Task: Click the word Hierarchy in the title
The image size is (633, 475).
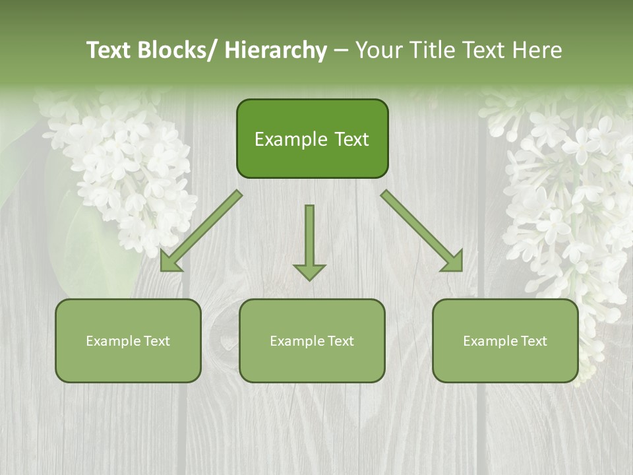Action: pos(275,50)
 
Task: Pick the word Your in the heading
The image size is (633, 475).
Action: pos(378,50)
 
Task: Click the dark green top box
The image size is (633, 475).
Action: pos(312,139)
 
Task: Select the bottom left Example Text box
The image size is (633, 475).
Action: pos(128,340)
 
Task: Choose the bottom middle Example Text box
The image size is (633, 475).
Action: pos(312,340)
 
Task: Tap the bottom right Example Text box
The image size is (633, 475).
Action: pos(505,340)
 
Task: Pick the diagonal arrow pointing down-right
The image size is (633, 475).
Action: pos(421,230)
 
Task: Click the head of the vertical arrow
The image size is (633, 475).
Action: pos(309,272)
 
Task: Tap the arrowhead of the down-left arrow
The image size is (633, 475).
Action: pos(169,263)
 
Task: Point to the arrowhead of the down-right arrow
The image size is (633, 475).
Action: pos(454,262)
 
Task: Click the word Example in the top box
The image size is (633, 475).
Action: pos(285,139)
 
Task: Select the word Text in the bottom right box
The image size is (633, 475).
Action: pos(533,341)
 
